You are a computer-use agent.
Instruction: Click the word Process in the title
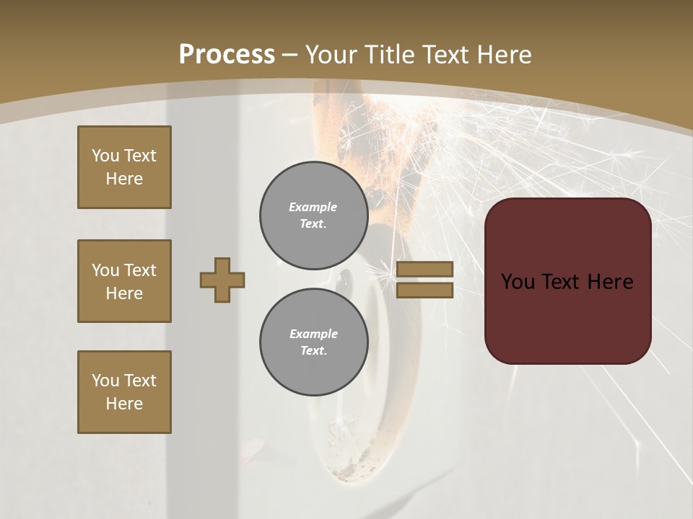click(227, 55)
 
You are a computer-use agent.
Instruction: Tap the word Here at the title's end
click(503, 55)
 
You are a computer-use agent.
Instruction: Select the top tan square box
click(124, 167)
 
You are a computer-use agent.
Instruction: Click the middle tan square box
click(124, 281)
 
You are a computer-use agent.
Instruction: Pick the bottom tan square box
click(124, 392)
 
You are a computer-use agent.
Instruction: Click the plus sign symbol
click(222, 280)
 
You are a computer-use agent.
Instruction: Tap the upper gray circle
click(314, 216)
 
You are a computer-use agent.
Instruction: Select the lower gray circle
click(314, 342)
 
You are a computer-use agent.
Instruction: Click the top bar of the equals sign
click(424, 269)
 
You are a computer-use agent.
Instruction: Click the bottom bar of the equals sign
click(424, 290)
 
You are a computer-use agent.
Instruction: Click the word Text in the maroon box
click(567, 282)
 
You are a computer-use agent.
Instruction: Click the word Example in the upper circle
click(313, 207)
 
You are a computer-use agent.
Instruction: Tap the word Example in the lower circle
click(313, 334)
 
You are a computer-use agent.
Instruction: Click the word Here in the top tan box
click(124, 179)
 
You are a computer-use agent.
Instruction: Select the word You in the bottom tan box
click(105, 381)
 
